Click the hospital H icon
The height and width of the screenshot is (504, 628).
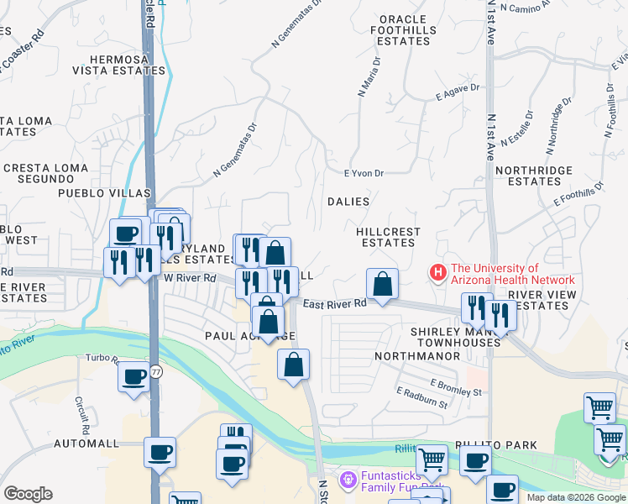(437, 273)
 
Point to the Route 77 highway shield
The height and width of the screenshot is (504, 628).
(156, 370)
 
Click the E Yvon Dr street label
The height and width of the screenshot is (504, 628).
(364, 174)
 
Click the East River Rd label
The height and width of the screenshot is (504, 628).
(335, 304)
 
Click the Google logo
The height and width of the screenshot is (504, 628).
(28, 494)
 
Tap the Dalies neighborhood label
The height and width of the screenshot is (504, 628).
(348, 202)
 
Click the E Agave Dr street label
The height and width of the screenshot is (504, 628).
(458, 92)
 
